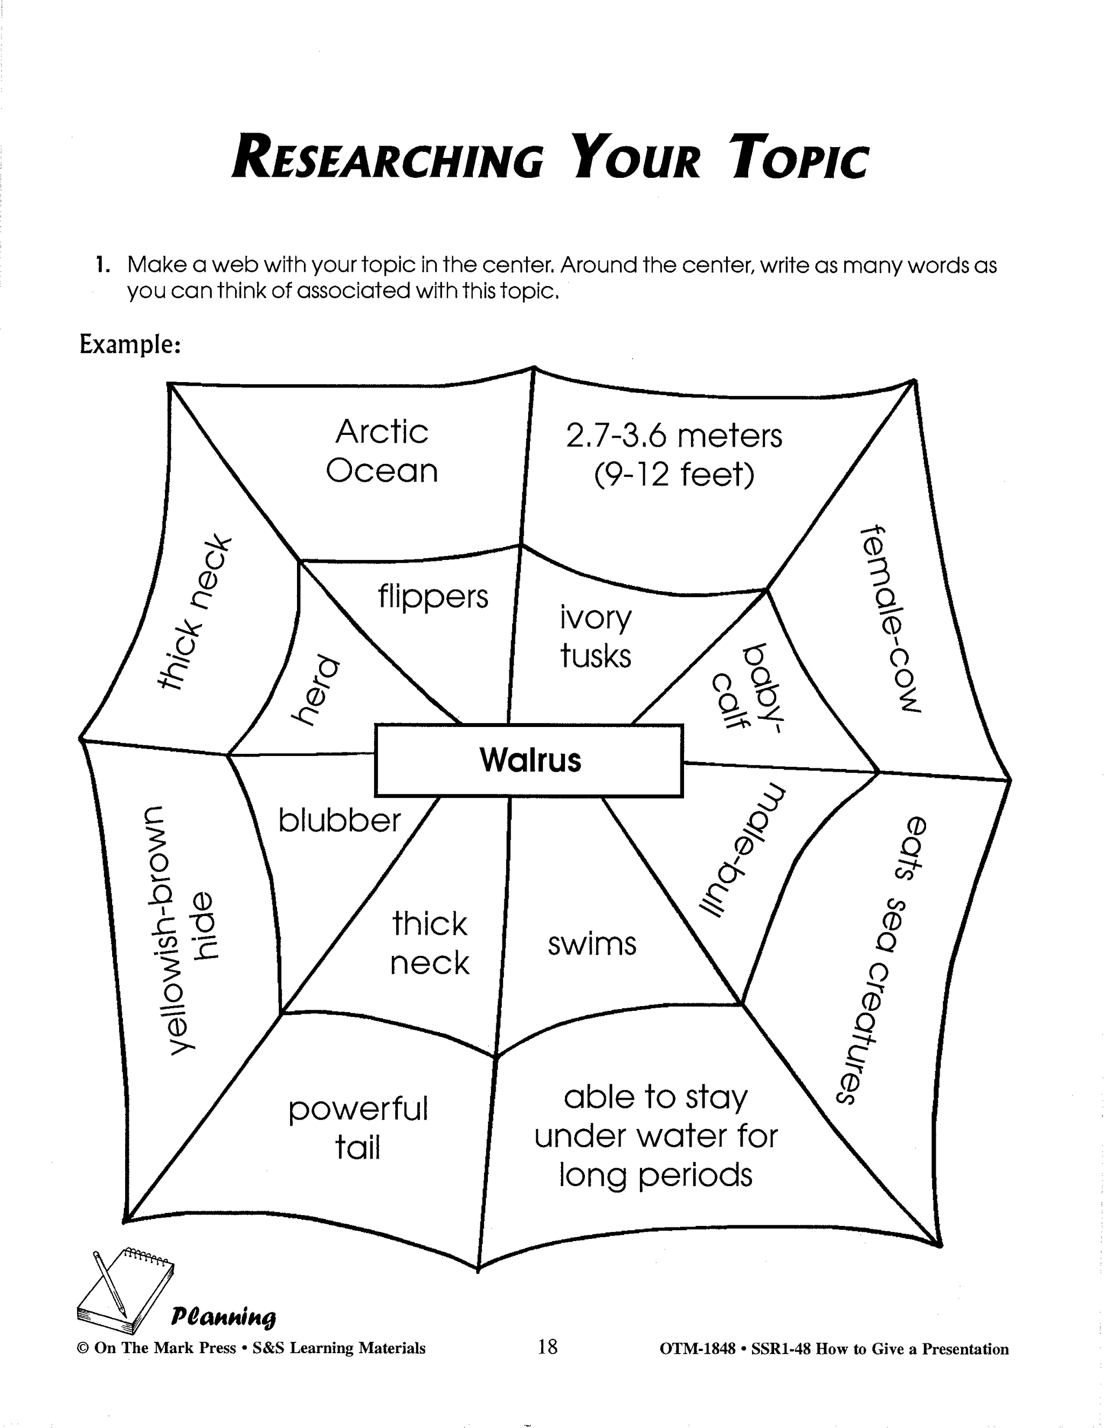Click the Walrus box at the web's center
click(x=529, y=760)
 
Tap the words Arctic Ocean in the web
click(x=382, y=451)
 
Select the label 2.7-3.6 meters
click(x=674, y=436)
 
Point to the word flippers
click(x=433, y=597)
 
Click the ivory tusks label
click(x=595, y=637)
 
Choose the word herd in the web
click(x=316, y=690)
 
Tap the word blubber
click(x=340, y=821)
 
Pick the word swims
click(x=592, y=944)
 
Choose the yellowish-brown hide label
click(x=181, y=928)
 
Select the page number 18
click(x=548, y=1347)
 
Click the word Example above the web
click(x=129, y=344)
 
